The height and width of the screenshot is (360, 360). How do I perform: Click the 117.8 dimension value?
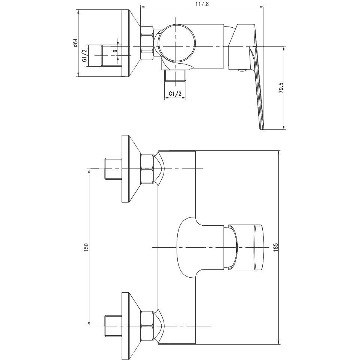[x=202, y=4]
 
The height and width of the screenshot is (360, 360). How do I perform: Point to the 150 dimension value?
[x=86, y=247]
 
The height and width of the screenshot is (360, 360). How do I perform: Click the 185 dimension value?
[x=275, y=247]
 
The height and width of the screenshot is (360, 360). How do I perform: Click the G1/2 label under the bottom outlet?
[x=175, y=94]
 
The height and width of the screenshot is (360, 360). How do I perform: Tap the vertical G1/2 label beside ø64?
[x=85, y=55]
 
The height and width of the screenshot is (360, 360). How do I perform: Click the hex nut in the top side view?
[x=147, y=43]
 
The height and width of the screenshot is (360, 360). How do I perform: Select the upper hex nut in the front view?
[x=147, y=169]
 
